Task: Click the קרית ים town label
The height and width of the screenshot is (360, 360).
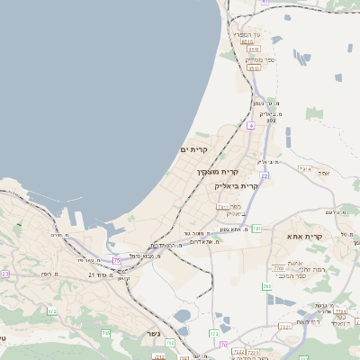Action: [x=194, y=149]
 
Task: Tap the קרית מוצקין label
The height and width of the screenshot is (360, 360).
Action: [x=218, y=170]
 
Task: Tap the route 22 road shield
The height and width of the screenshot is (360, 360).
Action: [x=265, y=175]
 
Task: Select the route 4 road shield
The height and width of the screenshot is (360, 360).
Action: [x=250, y=125]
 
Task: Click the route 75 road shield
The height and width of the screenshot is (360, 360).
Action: [x=117, y=260]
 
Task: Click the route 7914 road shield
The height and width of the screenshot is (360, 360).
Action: [x=304, y=168]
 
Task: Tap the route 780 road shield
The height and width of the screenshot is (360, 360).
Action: [x=266, y=286]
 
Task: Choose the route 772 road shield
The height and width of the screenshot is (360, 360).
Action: [x=213, y=333]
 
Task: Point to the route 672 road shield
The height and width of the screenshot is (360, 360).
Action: [x=51, y=311]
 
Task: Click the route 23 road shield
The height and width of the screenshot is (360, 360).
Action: [x=4, y=274]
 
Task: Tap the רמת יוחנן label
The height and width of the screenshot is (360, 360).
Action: [x=293, y=269]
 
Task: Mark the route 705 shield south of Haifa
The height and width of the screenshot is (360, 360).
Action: [x=105, y=333]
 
